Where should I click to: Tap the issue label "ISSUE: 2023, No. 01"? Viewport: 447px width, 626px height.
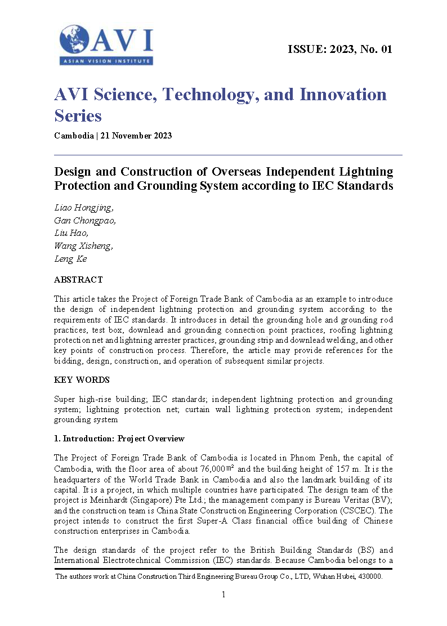click(339, 49)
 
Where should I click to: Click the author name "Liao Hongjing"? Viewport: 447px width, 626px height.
click(83, 208)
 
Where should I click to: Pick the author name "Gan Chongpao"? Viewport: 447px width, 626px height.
click(85, 221)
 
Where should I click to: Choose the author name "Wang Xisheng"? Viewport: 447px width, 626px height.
click(83, 246)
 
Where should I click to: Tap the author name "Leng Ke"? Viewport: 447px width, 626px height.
click(70, 259)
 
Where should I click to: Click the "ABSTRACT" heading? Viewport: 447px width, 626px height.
click(78, 280)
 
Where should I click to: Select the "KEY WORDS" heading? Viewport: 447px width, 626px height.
click(82, 380)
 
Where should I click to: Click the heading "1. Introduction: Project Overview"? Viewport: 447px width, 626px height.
click(119, 439)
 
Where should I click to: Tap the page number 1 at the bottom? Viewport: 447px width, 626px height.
click(223, 594)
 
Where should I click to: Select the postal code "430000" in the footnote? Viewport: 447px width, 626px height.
click(371, 576)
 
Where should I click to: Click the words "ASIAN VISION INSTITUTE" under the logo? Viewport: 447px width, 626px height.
click(106, 61)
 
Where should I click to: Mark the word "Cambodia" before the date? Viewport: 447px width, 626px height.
click(74, 136)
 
